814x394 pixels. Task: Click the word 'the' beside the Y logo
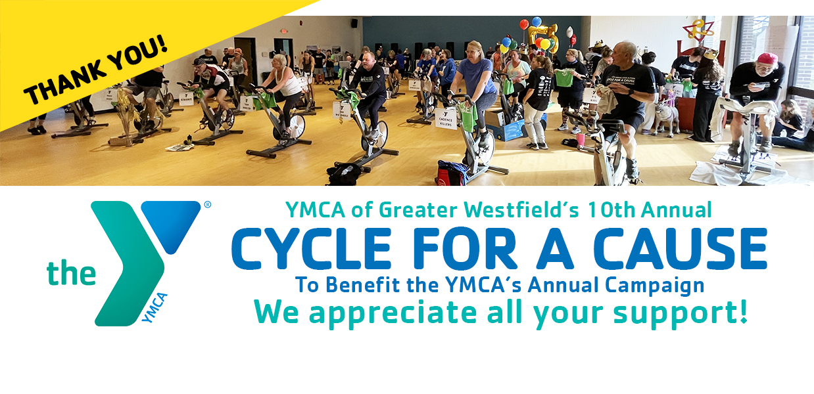[x=71, y=274]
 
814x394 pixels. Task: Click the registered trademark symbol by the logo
[x=207, y=205]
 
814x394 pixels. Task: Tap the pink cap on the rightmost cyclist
[x=767, y=58]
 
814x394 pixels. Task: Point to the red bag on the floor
[x=451, y=173]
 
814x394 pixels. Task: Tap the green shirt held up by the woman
[x=564, y=77]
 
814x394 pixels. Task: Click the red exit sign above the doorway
[x=283, y=31]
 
